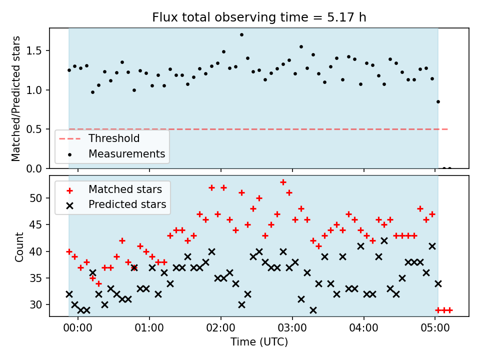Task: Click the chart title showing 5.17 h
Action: [x=259, y=17]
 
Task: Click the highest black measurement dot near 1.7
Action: [x=241, y=35]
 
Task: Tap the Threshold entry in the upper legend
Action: [x=99, y=138]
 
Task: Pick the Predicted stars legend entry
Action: [x=116, y=204]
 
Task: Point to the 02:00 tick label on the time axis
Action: [x=220, y=328]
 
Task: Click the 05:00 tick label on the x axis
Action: [x=435, y=328]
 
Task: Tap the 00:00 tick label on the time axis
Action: [x=78, y=328]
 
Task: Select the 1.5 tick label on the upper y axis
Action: [x=34, y=51]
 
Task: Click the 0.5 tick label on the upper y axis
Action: [x=34, y=129]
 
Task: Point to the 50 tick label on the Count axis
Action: [x=36, y=198]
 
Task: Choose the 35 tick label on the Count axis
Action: [x=36, y=278]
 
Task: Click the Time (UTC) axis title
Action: [x=259, y=342]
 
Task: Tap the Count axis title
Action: [x=19, y=247]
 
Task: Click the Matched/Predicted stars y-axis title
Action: [x=16, y=98]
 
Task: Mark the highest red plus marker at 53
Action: [x=283, y=182]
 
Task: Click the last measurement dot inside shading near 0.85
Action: [x=438, y=102]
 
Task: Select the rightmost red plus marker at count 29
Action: [x=449, y=310]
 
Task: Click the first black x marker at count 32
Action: [x=69, y=294]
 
